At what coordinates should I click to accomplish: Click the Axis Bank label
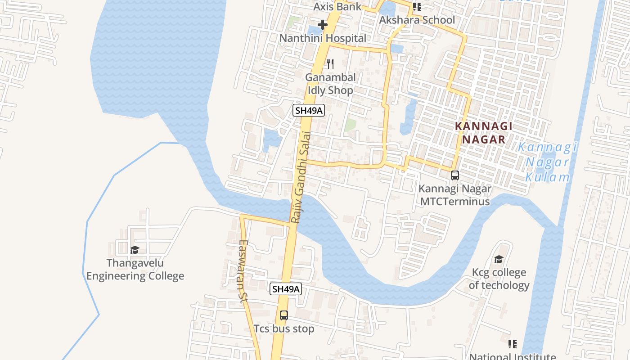[337, 7]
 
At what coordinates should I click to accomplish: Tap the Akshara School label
[417, 20]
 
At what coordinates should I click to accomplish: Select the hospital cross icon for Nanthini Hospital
[323, 25]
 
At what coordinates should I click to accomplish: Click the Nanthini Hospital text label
[323, 38]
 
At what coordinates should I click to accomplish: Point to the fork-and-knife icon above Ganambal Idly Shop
[330, 63]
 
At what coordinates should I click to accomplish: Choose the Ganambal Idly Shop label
[330, 84]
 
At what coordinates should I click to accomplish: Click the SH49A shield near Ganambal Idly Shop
[309, 110]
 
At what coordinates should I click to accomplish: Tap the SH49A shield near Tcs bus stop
[285, 289]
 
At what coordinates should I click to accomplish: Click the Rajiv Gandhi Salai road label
[301, 177]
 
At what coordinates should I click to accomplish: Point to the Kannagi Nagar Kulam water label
[547, 162]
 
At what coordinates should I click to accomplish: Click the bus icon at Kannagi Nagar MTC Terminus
[455, 175]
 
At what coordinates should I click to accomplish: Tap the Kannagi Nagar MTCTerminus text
[455, 195]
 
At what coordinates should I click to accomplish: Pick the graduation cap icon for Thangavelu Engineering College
[134, 250]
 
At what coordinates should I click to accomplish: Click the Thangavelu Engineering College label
[135, 269]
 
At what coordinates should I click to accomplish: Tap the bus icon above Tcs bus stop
[283, 315]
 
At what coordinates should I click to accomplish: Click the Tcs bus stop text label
[284, 329]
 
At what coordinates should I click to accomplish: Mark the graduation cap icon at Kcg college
[499, 259]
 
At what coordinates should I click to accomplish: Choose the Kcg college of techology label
[499, 279]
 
